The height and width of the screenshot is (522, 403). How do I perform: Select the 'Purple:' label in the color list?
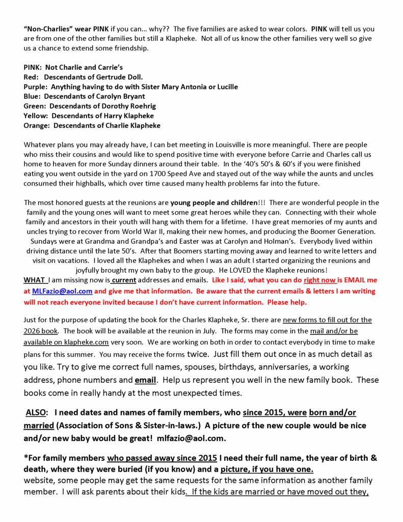click(x=36, y=87)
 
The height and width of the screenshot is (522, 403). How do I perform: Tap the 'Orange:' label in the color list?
click(x=37, y=125)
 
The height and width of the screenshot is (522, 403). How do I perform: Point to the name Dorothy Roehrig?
click(x=129, y=106)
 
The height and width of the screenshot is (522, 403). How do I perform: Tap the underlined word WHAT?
click(x=34, y=280)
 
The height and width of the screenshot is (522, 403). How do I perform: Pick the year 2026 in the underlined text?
click(x=33, y=330)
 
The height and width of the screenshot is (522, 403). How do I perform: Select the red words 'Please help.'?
click(x=288, y=302)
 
